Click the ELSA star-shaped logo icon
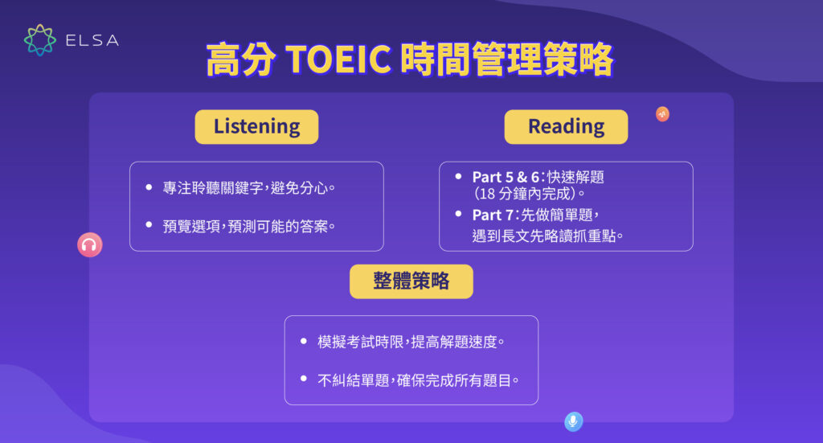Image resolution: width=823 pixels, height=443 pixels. [40, 40]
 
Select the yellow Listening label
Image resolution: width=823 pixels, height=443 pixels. [256, 127]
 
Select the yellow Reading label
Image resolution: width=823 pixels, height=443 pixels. [566, 127]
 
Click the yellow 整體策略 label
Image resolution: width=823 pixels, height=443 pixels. [411, 281]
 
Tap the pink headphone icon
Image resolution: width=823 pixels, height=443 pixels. [89, 244]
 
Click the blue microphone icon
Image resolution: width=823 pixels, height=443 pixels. [573, 421]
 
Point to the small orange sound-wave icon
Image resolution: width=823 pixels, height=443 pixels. [662, 114]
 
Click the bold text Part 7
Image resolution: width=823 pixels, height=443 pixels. [495, 215]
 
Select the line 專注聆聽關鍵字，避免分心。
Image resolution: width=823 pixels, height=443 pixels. [248, 188]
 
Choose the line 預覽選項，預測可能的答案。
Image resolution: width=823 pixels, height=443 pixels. [249, 226]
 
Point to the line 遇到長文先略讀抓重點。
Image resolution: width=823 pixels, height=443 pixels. [547, 236]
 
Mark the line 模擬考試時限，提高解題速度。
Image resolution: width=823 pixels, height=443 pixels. [411, 342]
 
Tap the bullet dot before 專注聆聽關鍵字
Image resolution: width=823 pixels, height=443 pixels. [148, 187]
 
